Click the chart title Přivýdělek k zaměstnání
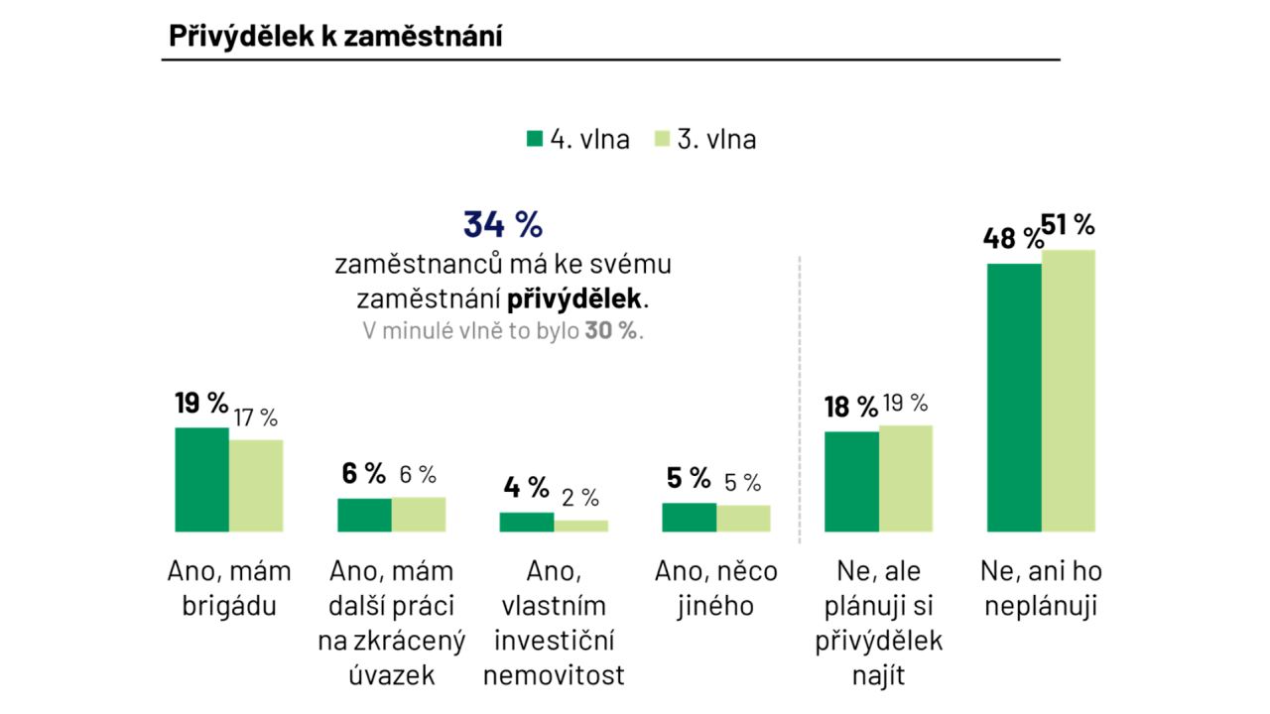[x=335, y=36]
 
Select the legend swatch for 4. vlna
[x=535, y=139]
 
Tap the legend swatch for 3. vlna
[x=663, y=139]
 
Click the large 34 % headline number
[x=503, y=225]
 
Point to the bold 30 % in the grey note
[x=611, y=331]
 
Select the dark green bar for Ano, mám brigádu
[x=201, y=480]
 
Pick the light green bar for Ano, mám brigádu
[x=256, y=486]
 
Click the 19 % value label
[x=201, y=404]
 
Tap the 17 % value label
[x=256, y=417]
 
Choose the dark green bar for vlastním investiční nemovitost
[x=526, y=523]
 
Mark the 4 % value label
[x=526, y=487]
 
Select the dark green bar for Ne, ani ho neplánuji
[x=1014, y=397]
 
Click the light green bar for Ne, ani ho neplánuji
[x=1069, y=391]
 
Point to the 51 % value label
[x=1068, y=225]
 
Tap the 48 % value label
[x=1012, y=239]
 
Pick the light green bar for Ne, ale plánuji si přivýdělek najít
[x=906, y=478]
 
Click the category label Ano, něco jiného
[x=716, y=588]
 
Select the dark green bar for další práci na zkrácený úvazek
[x=364, y=515]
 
